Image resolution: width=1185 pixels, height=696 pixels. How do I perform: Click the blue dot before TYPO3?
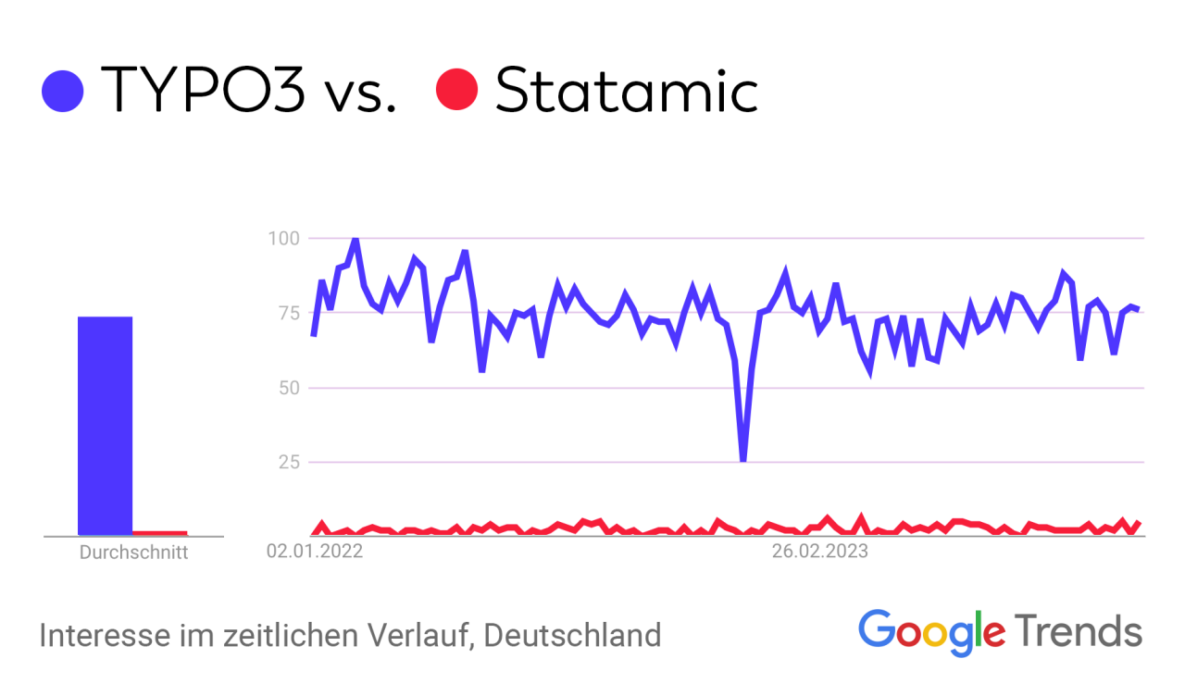pos(63,91)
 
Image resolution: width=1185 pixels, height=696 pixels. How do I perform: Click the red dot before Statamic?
pos(456,91)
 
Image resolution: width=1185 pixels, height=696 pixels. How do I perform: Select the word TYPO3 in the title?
pos(203,91)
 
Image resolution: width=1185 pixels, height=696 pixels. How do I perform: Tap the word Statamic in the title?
pos(627,91)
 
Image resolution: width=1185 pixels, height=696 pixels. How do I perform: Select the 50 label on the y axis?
pos(287,387)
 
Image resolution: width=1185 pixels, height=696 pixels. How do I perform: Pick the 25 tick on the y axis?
pos(287,461)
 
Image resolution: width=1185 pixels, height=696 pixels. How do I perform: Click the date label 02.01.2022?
pos(315,553)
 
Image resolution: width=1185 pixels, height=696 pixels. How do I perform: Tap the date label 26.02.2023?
pos(821,553)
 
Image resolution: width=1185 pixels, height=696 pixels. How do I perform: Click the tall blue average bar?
pos(105,426)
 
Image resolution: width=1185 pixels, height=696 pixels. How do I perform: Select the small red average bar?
pos(159,533)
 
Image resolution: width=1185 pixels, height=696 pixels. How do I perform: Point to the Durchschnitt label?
pos(133,553)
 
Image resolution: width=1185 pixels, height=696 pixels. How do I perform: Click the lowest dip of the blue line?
pos(743,459)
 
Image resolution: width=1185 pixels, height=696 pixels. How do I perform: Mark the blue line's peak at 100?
pos(355,240)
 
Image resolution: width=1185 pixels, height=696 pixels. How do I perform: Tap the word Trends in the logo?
pos(1079,631)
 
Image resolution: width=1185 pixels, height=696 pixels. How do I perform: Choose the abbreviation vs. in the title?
pos(362,91)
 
